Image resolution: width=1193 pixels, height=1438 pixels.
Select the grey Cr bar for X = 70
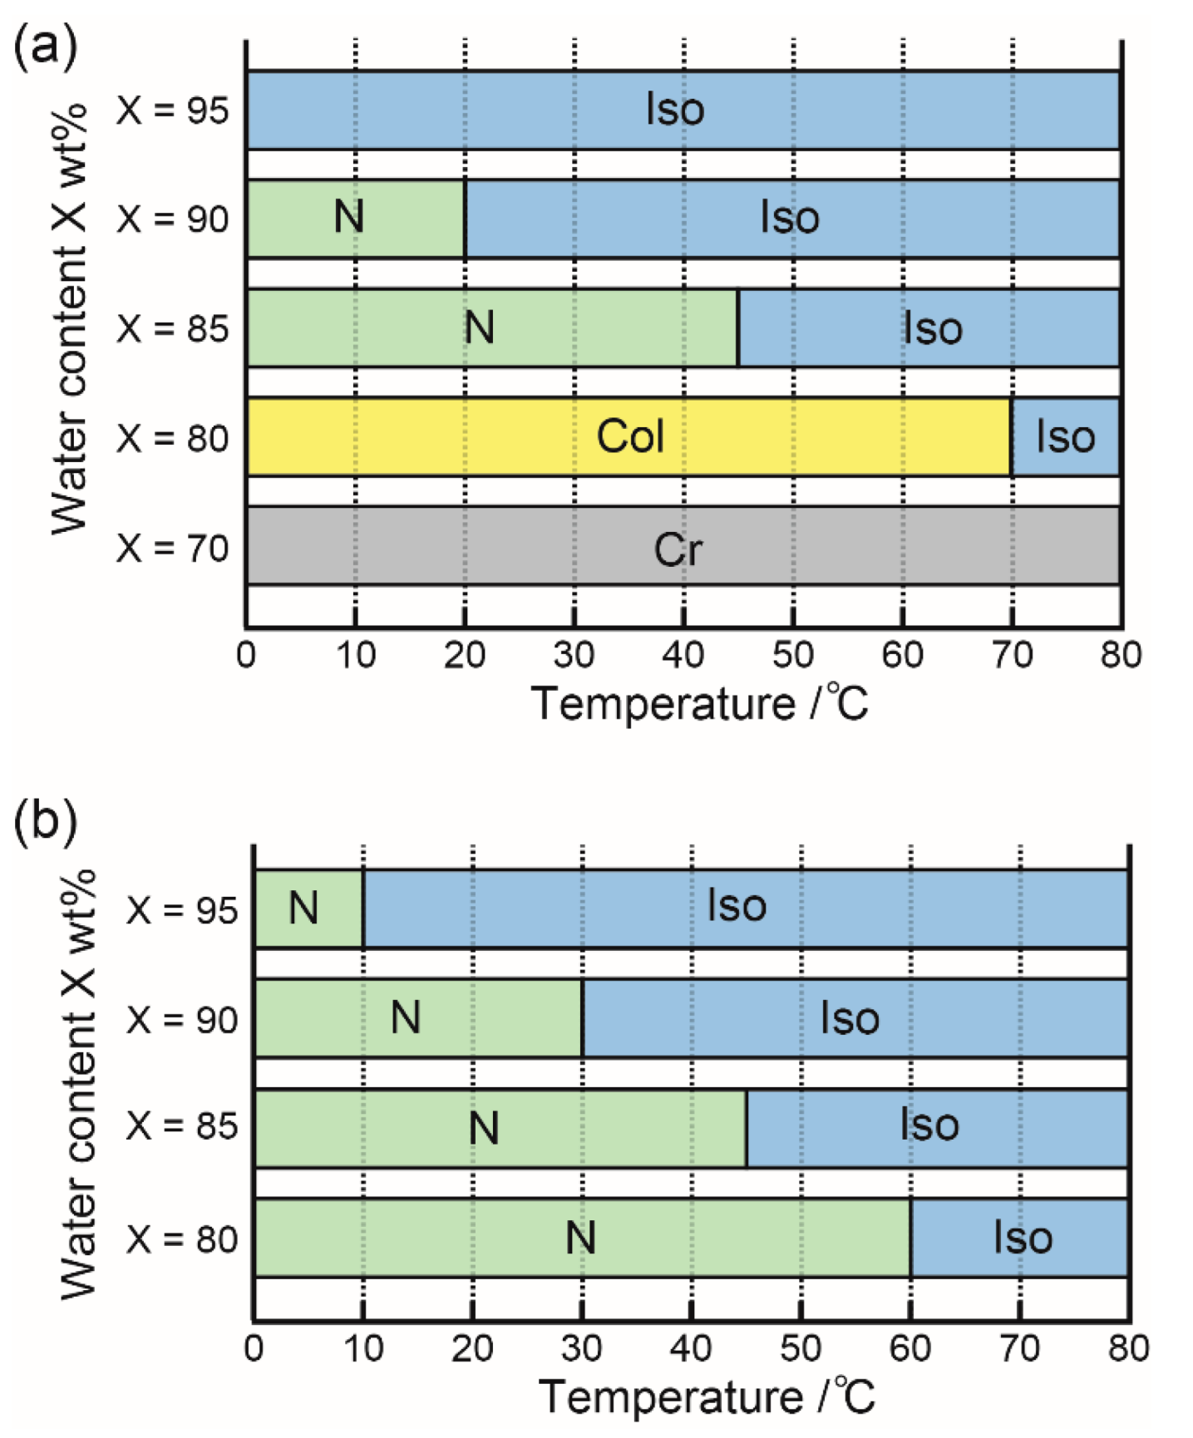coord(682,546)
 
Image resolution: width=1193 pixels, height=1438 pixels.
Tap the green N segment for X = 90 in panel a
coord(356,218)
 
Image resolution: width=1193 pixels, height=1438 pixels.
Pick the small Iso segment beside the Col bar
coord(1066,436)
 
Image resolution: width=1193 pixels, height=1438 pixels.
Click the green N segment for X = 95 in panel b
coord(308,908)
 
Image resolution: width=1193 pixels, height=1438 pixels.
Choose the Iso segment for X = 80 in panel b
coord(1021,1237)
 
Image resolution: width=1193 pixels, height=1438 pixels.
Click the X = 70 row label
coord(172,548)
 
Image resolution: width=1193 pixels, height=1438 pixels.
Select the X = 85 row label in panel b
coord(182,1126)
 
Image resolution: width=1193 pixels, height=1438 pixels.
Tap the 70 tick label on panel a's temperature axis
coord(1012,656)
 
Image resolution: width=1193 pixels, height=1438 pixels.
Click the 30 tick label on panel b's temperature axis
coord(582,1347)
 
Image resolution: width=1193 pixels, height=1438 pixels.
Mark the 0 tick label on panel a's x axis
coord(246,656)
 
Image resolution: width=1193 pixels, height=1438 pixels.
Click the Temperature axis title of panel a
coord(699,704)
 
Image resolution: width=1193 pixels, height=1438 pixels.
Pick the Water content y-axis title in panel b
coord(79,1085)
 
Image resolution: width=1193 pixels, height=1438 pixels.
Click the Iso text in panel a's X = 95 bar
coord(675,109)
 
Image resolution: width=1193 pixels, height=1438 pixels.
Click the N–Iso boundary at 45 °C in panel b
coord(746,1127)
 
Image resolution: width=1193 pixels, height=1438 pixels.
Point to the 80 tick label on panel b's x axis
coord(1128,1347)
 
